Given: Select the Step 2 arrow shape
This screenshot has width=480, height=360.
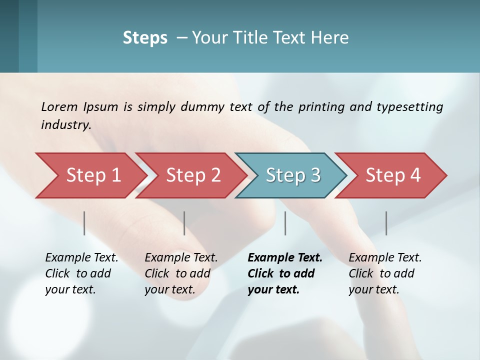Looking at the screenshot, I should (x=193, y=175).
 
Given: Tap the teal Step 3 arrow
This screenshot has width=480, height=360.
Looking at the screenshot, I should (x=293, y=175).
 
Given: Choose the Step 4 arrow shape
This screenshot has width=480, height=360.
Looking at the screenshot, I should (x=393, y=175).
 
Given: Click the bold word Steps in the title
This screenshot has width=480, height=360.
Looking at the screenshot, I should (x=145, y=38).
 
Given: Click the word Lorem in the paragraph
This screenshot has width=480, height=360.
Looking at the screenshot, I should (x=59, y=106).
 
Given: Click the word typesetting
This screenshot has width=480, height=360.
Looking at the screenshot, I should (x=409, y=106).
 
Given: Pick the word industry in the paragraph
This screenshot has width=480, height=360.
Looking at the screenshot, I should (x=65, y=124).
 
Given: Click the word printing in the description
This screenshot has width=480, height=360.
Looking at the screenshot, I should (x=318, y=106).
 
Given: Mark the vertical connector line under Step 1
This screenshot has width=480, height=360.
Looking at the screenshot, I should (x=84, y=223).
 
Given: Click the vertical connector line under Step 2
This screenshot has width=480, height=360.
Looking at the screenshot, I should (x=184, y=223).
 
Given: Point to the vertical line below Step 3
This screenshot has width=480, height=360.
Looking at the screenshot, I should (x=285, y=223).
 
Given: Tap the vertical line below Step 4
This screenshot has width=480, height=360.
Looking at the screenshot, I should (x=386, y=223).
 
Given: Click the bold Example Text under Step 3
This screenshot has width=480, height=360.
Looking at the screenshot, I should (x=285, y=258).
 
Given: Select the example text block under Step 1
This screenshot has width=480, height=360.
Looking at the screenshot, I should (x=81, y=273).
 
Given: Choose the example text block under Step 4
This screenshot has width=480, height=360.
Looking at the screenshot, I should (x=385, y=273).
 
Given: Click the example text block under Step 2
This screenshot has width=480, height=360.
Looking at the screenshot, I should (x=181, y=273).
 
